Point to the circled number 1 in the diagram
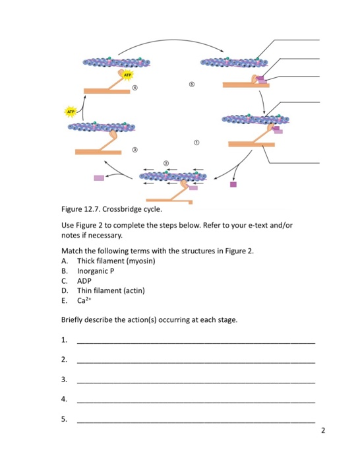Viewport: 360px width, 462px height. pos(195,142)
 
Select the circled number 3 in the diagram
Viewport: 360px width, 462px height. pos(135,151)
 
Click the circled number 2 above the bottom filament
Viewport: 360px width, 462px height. pos(166,162)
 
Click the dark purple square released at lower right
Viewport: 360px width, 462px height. pos(233,185)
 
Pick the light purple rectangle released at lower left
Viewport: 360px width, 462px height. pos(99,178)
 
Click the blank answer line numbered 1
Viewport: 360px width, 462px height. pos(196,342)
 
